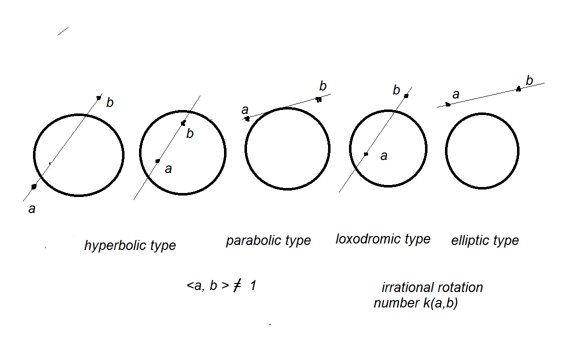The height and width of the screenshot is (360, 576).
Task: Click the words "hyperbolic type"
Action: tap(130, 245)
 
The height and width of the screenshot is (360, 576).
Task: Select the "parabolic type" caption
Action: tap(268, 240)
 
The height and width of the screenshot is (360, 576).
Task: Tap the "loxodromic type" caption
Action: tap(382, 239)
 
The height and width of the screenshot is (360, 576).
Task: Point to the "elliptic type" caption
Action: tap(485, 240)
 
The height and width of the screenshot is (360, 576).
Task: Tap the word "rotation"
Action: tap(459, 287)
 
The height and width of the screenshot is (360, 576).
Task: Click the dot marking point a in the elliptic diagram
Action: tap(448, 104)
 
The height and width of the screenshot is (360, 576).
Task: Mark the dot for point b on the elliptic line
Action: tap(518, 89)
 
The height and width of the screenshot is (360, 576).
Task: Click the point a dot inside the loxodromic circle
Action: tap(366, 154)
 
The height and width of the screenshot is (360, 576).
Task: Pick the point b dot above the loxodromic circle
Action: tap(406, 95)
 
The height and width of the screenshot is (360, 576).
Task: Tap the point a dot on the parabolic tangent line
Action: tap(247, 118)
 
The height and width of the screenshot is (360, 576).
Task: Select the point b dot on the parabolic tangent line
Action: tap(318, 99)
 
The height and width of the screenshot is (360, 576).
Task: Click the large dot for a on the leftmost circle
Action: tap(34, 186)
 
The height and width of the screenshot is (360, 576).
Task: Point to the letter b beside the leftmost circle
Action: tap(110, 103)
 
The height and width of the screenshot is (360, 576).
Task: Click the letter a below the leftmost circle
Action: tap(32, 209)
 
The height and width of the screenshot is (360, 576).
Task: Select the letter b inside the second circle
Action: tap(190, 134)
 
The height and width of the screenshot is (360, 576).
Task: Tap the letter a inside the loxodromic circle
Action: tap(383, 156)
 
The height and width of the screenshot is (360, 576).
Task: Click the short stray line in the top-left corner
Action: tap(63, 31)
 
